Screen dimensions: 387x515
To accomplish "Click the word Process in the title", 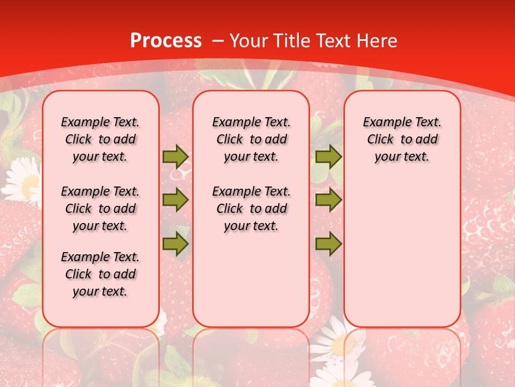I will pyautogui.click(x=166, y=41).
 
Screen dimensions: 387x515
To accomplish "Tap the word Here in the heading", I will pyautogui.click(x=376, y=41).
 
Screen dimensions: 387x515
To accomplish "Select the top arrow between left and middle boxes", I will pyautogui.click(x=175, y=156).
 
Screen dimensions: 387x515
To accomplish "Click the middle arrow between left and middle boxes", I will pyautogui.click(x=175, y=200).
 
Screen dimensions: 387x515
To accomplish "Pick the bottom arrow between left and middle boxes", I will pyautogui.click(x=175, y=245).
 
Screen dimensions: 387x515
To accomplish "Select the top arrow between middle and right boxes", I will pyautogui.click(x=328, y=156).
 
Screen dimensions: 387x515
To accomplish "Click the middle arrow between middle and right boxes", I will pyautogui.click(x=328, y=200).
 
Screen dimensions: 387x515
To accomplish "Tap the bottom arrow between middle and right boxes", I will pyautogui.click(x=328, y=245).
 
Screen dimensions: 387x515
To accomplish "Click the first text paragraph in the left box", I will pyautogui.click(x=100, y=139).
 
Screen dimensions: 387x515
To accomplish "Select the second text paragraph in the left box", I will pyautogui.click(x=100, y=209).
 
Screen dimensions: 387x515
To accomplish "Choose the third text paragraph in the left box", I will pyautogui.click(x=100, y=274).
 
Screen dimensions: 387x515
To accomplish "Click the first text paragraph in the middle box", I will pyautogui.click(x=251, y=139).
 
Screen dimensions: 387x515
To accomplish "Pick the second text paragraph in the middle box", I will pyautogui.click(x=251, y=209).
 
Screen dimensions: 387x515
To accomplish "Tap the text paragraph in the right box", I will pyautogui.click(x=402, y=139).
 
